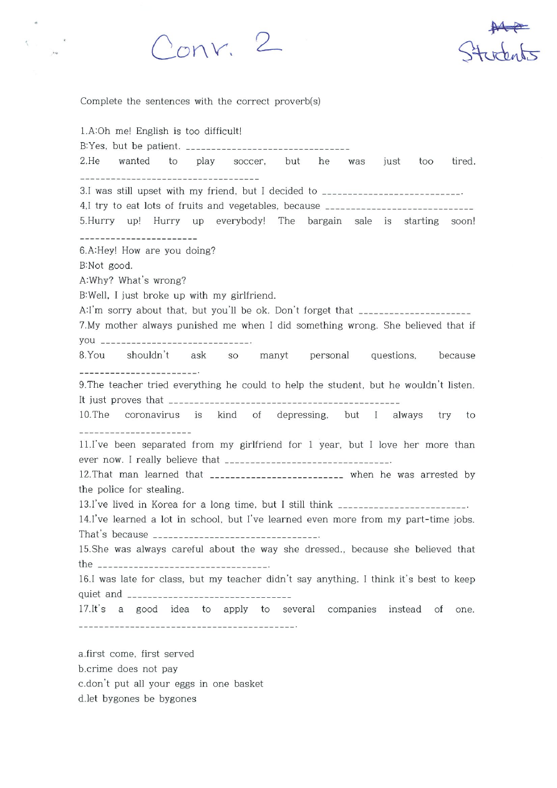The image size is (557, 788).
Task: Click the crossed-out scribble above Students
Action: [509, 26]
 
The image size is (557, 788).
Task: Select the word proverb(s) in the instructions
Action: [298, 101]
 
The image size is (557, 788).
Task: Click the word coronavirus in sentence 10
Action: [152, 415]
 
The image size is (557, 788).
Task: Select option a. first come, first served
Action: [136, 654]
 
